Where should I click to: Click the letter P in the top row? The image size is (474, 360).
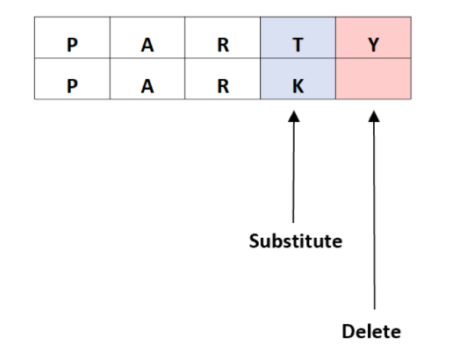(x=72, y=45)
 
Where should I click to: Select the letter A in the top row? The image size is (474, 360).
(x=147, y=45)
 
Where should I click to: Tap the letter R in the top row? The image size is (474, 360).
(x=223, y=45)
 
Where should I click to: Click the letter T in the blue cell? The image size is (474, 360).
(x=298, y=45)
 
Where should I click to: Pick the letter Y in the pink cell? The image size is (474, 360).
(x=373, y=45)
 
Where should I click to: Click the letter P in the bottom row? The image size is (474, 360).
(x=72, y=86)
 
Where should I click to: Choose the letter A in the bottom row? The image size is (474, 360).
(x=147, y=86)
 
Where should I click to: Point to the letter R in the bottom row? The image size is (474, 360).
(x=223, y=86)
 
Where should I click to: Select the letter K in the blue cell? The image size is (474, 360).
(x=298, y=86)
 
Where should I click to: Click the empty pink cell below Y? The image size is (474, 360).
(x=373, y=79)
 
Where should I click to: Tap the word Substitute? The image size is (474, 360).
(x=296, y=241)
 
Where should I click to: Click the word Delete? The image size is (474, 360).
(x=371, y=332)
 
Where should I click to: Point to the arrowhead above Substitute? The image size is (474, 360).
(x=294, y=117)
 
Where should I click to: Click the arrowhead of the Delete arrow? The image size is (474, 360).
(x=374, y=117)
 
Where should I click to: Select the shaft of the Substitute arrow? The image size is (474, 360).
(x=293, y=172)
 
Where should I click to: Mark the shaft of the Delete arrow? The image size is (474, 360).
(x=374, y=216)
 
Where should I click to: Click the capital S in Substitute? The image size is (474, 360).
(x=254, y=241)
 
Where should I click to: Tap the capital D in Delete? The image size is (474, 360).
(x=348, y=332)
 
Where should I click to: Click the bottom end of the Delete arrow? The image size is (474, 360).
(x=375, y=310)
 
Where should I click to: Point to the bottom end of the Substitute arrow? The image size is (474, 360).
(x=293, y=223)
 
